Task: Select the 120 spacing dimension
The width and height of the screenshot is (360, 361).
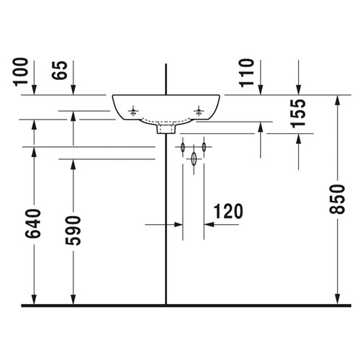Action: [228, 211]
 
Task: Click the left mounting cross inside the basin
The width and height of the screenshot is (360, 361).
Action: [133, 112]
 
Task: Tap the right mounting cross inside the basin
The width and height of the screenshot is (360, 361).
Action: [200, 112]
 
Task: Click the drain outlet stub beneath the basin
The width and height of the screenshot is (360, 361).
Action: [166, 130]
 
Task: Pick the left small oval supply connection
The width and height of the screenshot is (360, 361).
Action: [183, 148]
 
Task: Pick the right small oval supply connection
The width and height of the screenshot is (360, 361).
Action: [204, 148]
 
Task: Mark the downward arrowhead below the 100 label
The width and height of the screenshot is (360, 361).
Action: [35, 89]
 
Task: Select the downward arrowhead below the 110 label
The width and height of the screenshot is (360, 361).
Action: [261, 89]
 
